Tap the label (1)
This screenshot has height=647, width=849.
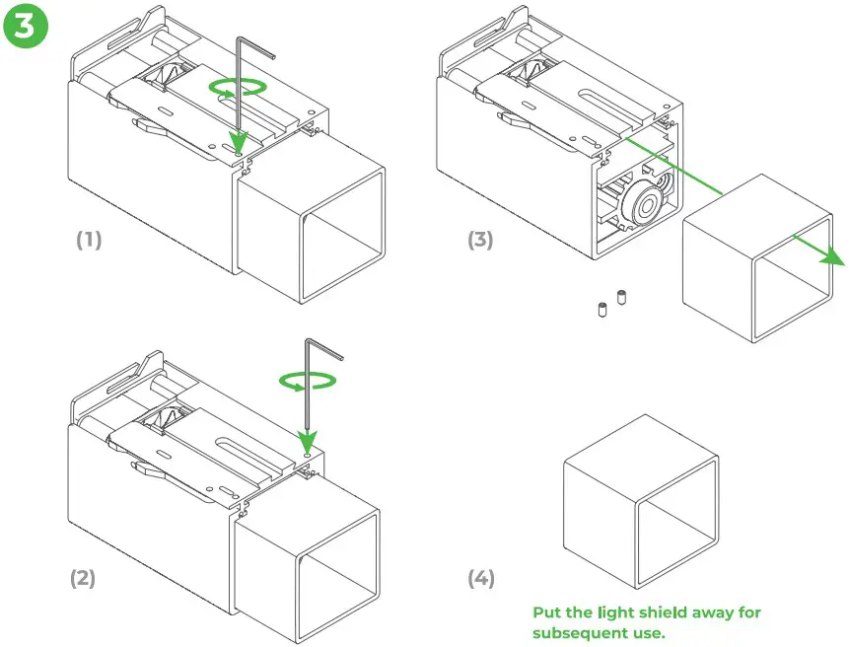pyautogui.click(x=89, y=240)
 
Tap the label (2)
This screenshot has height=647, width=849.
pyautogui.click(x=82, y=578)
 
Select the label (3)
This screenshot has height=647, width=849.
pyautogui.click(x=480, y=240)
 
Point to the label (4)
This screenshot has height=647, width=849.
pyautogui.click(x=480, y=578)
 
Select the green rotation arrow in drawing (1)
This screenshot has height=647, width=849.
pyautogui.click(x=238, y=88)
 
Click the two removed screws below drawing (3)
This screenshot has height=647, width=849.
pyautogui.click(x=611, y=303)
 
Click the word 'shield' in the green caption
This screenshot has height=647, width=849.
pyautogui.click(x=668, y=612)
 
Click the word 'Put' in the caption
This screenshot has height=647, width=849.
pyautogui.click(x=548, y=612)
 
